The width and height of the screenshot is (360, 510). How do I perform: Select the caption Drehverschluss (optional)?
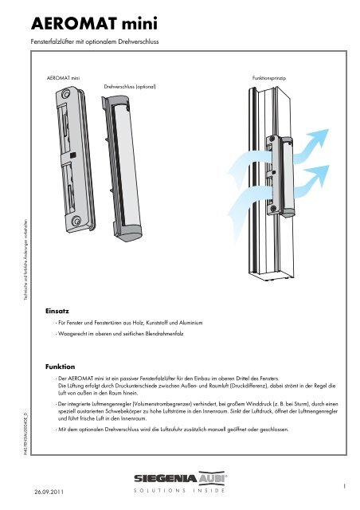pyautogui.click(x=130, y=84)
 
